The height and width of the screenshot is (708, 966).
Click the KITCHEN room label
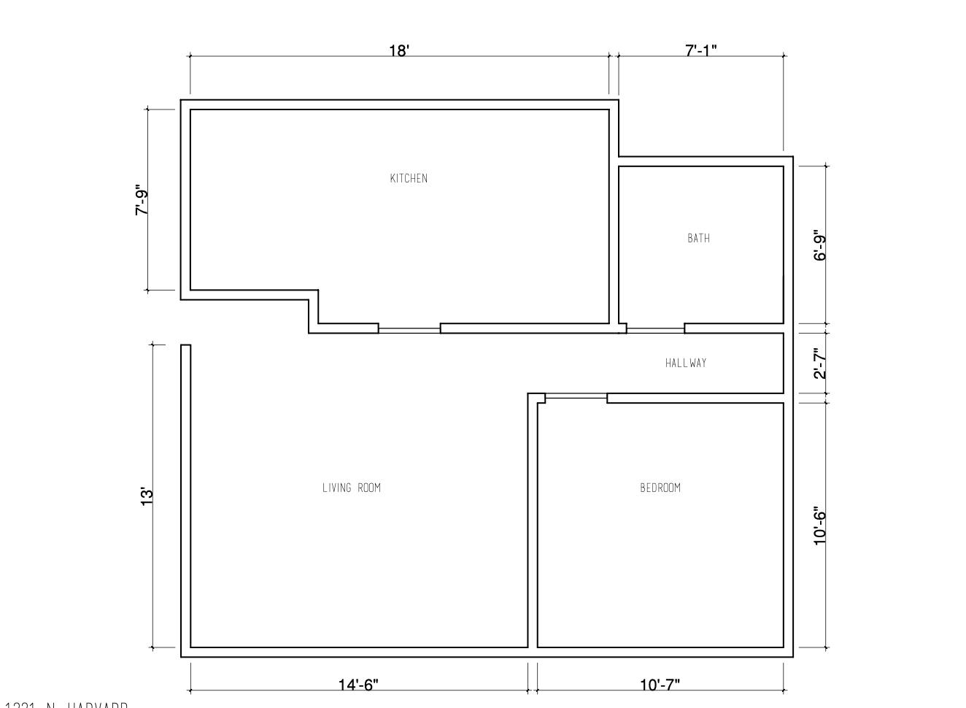pyautogui.click(x=409, y=178)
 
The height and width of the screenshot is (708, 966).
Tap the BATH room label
pyautogui.click(x=698, y=238)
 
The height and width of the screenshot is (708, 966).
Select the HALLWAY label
pyautogui.click(x=685, y=363)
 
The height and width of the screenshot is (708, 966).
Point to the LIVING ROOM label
pyautogui.click(x=351, y=488)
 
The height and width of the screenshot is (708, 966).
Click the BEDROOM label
pyautogui.click(x=660, y=488)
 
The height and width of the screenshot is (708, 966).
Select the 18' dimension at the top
pyautogui.click(x=399, y=51)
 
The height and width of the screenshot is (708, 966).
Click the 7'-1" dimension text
pyautogui.click(x=700, y=51)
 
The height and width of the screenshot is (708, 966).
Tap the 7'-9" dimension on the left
pyautogui.click(x=142, y=202)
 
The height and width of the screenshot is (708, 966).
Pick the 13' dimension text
pyautogui.click(x=147, y=496)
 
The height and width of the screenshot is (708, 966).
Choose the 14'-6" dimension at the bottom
pyautogui.click(x=358, y=685)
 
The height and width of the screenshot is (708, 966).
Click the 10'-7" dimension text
pyautogui.click(x=660, y=685)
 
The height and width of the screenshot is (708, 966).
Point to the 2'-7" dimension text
pyautogui.click(x=820, y=363)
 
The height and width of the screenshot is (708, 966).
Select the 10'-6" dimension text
pyautogui.click(x=820, y=526)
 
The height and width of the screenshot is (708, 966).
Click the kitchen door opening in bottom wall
pyautogui.click(x=409, y=329)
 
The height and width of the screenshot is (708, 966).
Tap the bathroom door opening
pyautogui.click(x=655, y=329)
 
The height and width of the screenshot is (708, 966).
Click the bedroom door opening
pyautogui.click(x=576, y=398)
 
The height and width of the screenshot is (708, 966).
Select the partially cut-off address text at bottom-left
pyautogui.click(x=66, y=704)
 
